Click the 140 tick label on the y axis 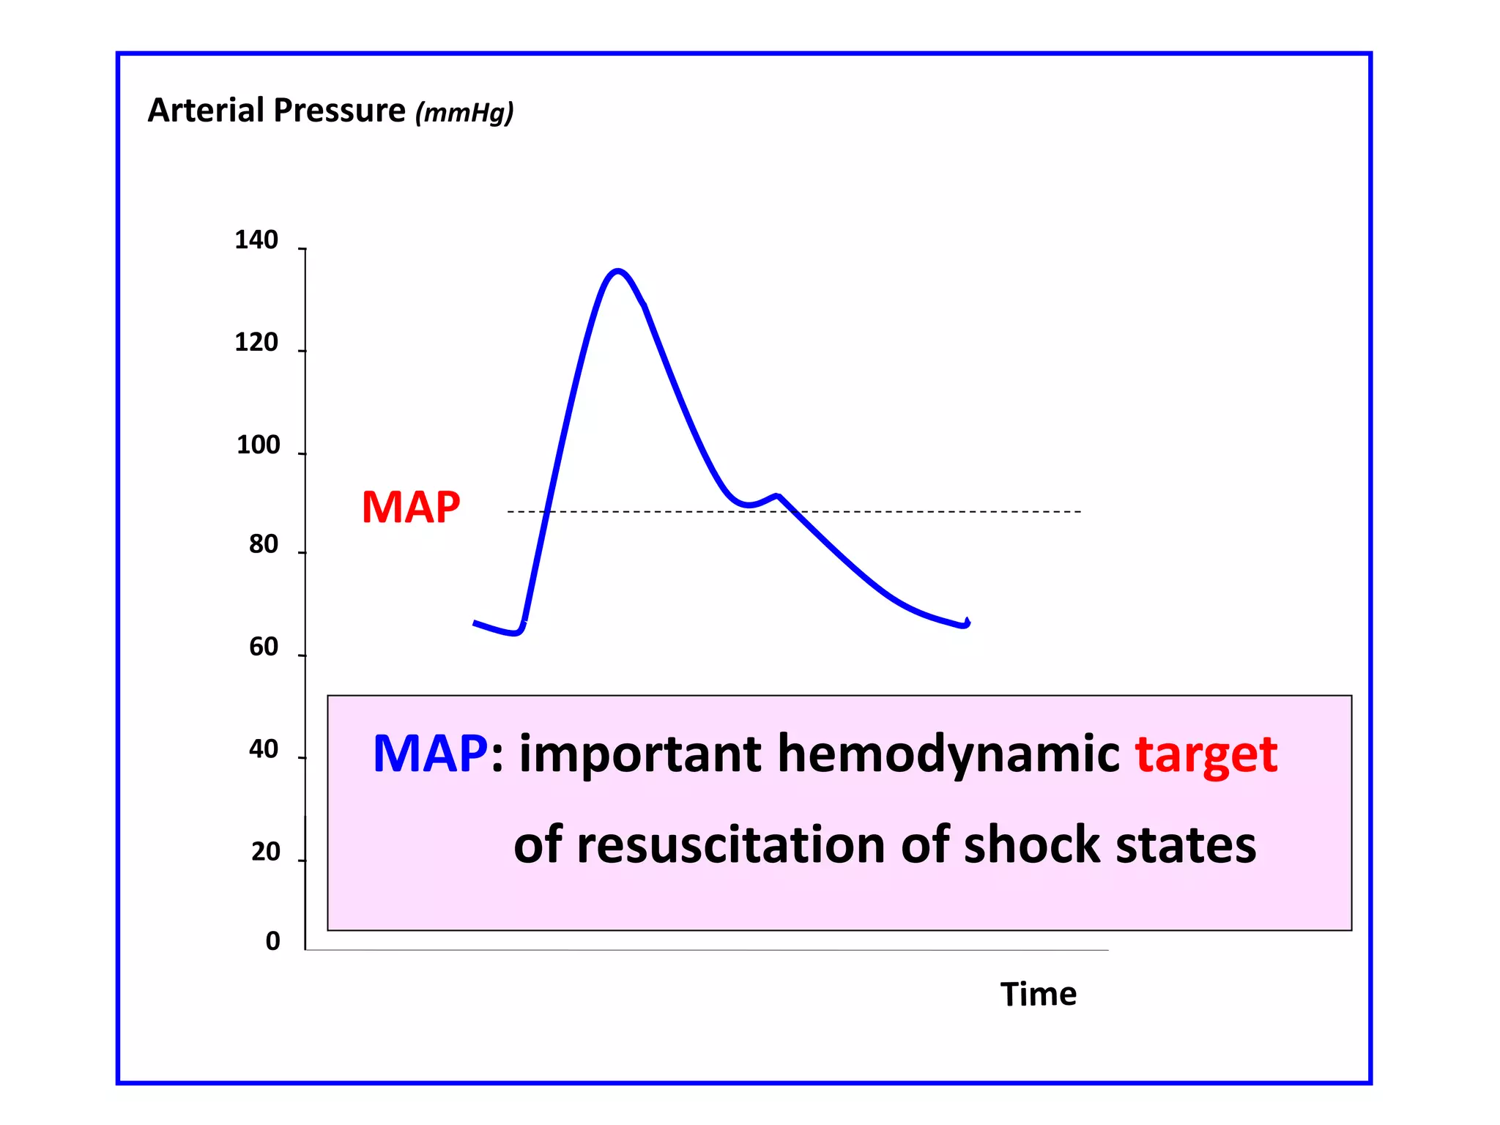pos(256,240)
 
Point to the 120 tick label pos(256,343)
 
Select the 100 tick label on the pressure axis pos(258,445)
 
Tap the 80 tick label pos(264,545)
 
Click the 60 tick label pos(264,647)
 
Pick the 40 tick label pos(264,749)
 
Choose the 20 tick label pos(265,852)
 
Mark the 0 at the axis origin pos(272,941)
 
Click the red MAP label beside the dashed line pos(411,507)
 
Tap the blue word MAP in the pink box pos(430,754)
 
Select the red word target pos(1206,755)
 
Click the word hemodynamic pos(948,754)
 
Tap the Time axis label pos(1038,995)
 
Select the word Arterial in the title pos(206,111)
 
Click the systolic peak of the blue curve pos(618,272)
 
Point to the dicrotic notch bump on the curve pos(778,496)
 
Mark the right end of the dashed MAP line pos(1080,511)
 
